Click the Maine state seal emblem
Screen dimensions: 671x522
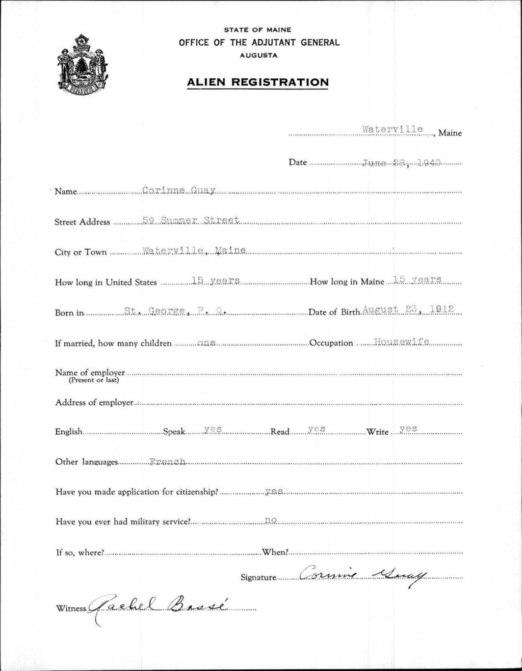click(82, 64)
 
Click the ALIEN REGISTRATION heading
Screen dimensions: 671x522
click(257, 82)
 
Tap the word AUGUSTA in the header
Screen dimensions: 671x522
click(259, 55)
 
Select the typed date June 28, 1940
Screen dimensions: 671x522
click(401, 163)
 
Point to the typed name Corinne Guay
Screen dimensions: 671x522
click(179, 191)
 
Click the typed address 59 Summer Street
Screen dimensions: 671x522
click(191, 220)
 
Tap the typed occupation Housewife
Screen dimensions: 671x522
click(402, 342)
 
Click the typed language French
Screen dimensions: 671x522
click(168, 462)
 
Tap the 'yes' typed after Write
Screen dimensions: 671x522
click(409, 429)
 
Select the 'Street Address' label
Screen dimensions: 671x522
click(82, 222)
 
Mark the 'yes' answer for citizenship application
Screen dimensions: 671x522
click(274, 491)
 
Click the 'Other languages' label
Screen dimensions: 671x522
click(87, 462)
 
